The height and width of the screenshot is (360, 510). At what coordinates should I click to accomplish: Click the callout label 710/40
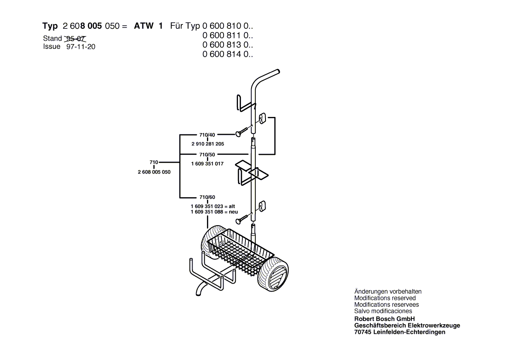coord(207,135)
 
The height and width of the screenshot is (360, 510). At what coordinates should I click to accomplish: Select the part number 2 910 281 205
coord(208,144)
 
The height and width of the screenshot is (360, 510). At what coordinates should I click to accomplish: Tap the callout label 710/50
coord(207,154)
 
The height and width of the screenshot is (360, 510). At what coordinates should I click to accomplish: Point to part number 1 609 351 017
coord(207,164)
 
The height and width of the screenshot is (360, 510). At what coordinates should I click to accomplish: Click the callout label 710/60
coord(207,197)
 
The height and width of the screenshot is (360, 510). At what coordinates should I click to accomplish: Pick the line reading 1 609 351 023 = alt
coord(213,206)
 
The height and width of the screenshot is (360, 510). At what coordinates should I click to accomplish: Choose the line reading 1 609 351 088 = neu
coord(214,212)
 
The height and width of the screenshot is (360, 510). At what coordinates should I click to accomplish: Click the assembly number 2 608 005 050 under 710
coord(154,172)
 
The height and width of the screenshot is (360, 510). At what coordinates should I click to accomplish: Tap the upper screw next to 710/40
coord(243,132)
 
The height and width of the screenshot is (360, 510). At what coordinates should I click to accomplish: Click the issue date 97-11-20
coord(81,47)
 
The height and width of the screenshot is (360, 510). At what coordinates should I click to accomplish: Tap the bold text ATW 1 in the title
coord(148,26)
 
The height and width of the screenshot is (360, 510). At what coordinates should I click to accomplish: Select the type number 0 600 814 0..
coord(227,54)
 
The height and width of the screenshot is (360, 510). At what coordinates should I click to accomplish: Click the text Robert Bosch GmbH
coord(384,319)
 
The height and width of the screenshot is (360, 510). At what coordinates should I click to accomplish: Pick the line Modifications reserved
coord(385,298)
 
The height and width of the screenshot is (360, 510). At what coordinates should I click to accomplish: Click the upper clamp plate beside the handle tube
coord(262,119)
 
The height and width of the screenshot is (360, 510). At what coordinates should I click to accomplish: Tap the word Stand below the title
coord(52,39)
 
